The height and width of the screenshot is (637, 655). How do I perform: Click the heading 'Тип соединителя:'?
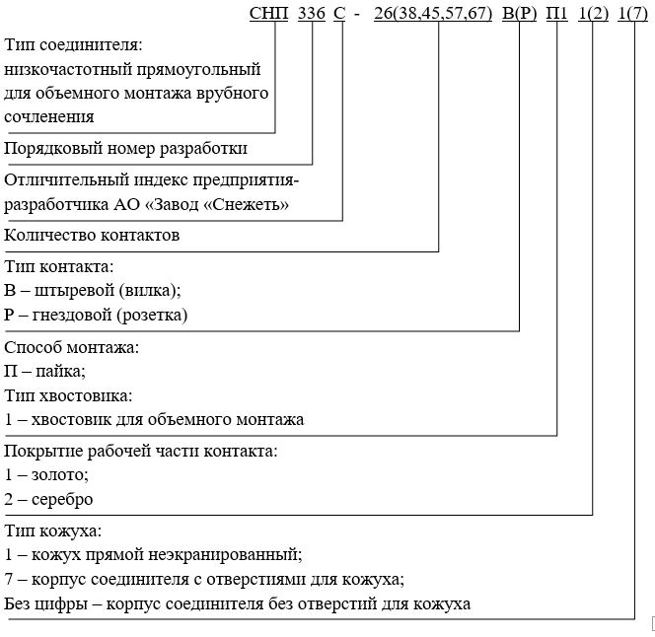(74, 46)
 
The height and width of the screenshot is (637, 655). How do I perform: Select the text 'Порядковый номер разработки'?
(126, 148)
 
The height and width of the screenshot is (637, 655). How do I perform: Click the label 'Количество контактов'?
(93, 235)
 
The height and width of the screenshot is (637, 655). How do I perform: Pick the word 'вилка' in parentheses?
(150, 291)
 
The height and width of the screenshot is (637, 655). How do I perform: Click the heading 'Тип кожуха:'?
(53, 531)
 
